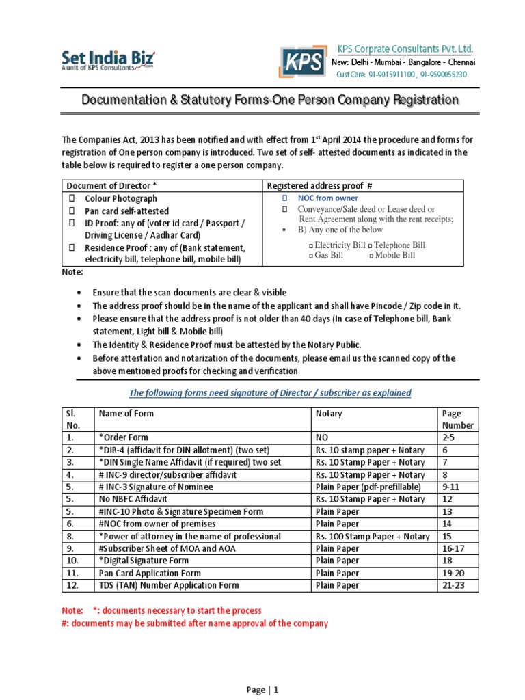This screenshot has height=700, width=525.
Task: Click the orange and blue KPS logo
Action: (x=301, y=62)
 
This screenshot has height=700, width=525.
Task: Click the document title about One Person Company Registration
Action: (x=270, y=100)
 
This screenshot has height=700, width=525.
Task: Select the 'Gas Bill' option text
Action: (x=329, y=255)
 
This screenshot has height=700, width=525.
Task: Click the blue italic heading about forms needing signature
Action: (x=270, y=392)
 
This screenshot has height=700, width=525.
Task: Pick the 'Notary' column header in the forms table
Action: (x=329, y=414)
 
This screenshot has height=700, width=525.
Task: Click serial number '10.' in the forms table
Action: (x=73, y=561)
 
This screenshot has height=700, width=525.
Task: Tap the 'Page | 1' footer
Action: (x=262, y=690)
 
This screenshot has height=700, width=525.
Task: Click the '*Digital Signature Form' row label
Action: (x=145, y=561)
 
